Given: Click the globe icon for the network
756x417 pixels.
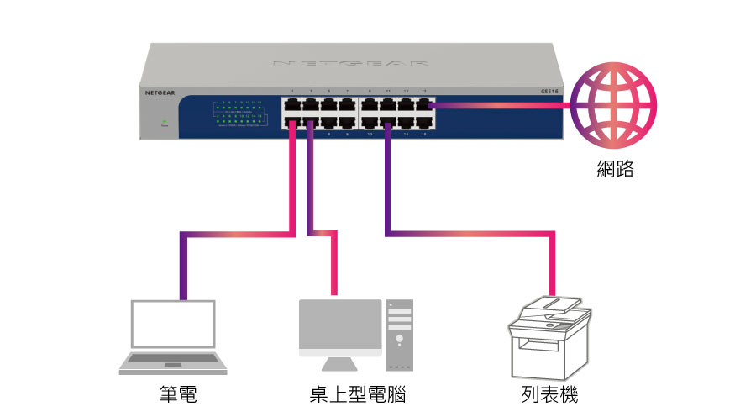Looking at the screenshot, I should click(614, 106).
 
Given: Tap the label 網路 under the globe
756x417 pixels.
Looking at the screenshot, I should click(614, 169).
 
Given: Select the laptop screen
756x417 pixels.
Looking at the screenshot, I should click(172, 326).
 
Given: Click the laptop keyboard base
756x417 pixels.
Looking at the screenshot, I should click(172, 362).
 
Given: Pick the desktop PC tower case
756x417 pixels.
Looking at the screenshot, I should click(400, 335).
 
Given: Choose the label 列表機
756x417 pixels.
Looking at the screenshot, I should click(549, 393).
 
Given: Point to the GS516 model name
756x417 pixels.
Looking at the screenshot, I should click(551, 92).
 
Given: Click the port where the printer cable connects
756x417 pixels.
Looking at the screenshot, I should click(388, 123).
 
